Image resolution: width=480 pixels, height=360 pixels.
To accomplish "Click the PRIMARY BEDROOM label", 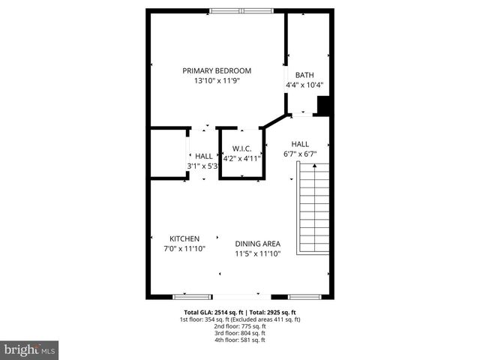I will (217, 70).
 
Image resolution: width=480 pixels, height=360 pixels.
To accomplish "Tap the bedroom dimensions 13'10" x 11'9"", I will (217, 80).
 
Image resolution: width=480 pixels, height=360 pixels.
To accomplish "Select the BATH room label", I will (304, 75).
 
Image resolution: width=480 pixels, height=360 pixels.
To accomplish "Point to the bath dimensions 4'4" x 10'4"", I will (304, 85).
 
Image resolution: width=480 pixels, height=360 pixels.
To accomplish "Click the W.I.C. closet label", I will (241, 148).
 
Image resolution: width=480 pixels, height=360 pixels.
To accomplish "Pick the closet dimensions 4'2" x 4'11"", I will (241, 158).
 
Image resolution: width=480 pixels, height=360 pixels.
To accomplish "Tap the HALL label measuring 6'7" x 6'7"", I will (300, 144).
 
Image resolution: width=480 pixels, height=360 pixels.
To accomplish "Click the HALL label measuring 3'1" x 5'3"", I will (203, 156).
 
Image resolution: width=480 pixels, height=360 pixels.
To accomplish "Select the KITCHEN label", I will (184, 238).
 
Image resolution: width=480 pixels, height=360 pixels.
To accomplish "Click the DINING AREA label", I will (257, 244).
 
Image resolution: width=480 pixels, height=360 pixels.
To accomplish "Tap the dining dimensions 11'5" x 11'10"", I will (257, 253).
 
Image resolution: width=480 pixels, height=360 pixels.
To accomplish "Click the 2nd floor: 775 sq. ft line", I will (240, 326).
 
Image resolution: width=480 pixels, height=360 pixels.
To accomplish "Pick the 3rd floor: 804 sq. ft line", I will (240, 333).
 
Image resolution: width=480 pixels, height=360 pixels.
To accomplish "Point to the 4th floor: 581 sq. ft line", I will (240, 340).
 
